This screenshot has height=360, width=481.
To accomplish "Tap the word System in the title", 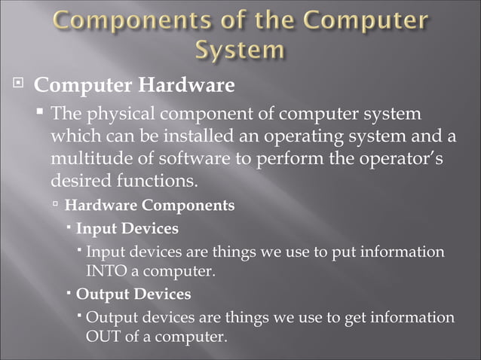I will tap(240, 50).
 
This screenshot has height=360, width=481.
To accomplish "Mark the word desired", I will tap(78, 182).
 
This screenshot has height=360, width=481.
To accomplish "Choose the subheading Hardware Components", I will tap(149, 205).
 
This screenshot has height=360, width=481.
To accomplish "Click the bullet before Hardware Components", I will tap(56, 205).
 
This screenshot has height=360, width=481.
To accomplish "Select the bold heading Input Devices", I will tap(127, 227).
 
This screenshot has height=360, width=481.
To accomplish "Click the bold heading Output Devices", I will tap(133, 293).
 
